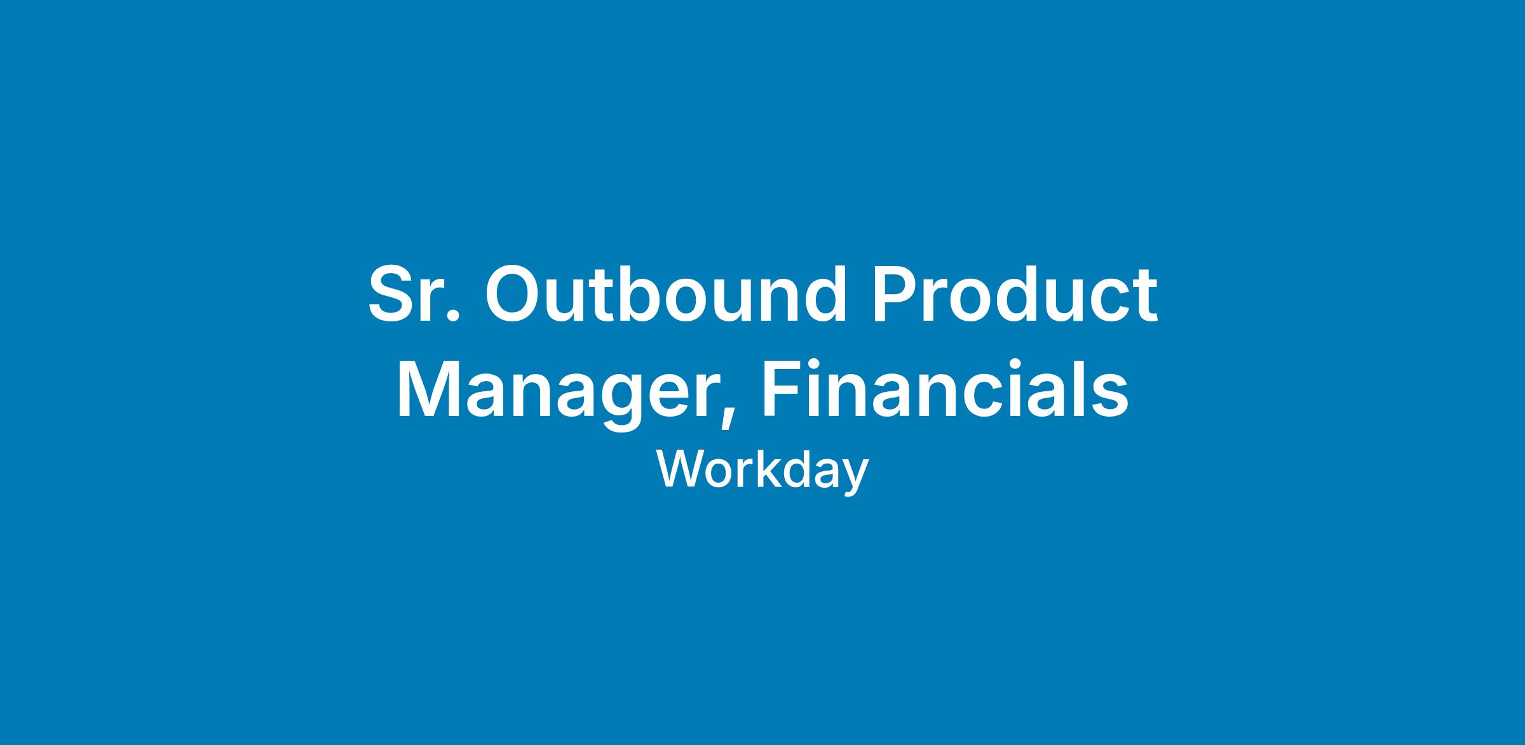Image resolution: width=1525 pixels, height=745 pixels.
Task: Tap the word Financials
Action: click(945, 388)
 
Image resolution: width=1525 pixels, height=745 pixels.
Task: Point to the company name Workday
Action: click(762, 471)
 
